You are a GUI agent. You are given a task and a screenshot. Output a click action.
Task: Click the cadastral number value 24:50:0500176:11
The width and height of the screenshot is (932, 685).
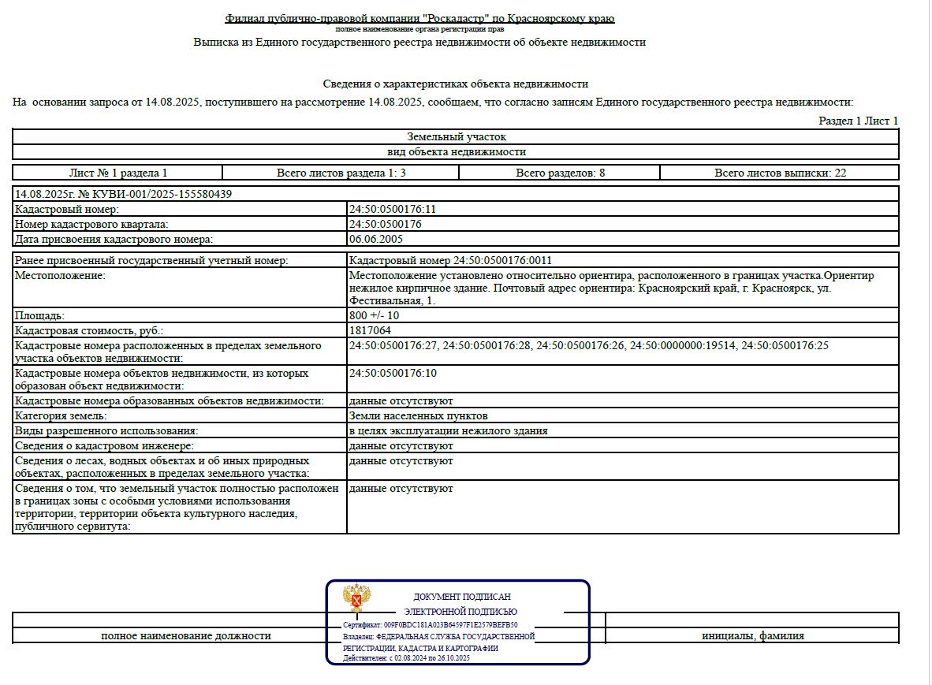pos(392,209)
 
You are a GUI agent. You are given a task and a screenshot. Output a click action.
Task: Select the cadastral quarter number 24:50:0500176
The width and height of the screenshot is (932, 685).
pos(385,224)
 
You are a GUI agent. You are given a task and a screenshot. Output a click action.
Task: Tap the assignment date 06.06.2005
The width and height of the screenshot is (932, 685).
pos(375,239)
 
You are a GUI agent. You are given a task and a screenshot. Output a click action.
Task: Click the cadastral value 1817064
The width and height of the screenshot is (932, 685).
pos(370,330)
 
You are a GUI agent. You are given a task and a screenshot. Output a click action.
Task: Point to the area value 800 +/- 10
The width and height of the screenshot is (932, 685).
pos(379,315)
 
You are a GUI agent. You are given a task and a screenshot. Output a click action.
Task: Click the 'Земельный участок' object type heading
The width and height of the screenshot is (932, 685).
pos(457,137)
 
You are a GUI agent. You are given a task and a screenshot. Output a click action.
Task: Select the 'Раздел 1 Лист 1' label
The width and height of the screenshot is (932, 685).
pos(858,121)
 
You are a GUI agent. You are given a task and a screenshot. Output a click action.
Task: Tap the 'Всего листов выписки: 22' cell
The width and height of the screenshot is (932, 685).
pos(780,173)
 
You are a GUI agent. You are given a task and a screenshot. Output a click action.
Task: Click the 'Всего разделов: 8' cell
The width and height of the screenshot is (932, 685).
pos(560,173)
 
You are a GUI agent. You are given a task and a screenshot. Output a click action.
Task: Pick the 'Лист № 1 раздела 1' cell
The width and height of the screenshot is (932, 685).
pos(118,173)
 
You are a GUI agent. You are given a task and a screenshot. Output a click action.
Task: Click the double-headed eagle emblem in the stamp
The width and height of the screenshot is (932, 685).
pos(358,598)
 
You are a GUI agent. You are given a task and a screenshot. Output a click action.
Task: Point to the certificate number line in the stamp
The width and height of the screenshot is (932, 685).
pos(431,624)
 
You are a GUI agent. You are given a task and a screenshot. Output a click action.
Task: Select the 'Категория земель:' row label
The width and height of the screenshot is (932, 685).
pos(61,415)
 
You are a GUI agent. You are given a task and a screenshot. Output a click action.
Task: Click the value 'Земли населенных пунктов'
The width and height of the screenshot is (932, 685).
pos(418,415)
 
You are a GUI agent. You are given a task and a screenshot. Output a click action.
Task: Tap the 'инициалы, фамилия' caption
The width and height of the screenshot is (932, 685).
pos(753,635)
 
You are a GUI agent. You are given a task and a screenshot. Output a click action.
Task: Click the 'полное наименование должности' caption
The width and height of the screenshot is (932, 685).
pos(186,635)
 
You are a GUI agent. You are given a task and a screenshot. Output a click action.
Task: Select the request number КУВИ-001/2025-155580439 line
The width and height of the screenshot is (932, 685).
pos(123,193)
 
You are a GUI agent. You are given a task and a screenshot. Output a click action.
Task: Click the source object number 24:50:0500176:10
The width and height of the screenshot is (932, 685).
pos(392,373)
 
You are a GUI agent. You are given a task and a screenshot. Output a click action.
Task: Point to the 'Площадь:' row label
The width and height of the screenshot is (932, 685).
pos(39,315)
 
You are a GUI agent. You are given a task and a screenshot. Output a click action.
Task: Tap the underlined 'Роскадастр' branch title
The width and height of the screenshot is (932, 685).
pos(419,18)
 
